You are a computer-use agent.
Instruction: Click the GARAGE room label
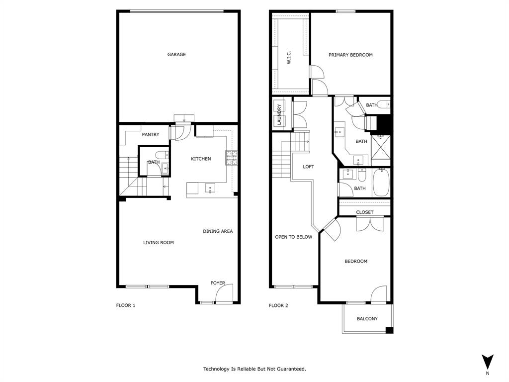[176, 55]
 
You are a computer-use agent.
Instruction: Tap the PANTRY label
[151, 135]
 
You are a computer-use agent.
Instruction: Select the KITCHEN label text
[201, 159]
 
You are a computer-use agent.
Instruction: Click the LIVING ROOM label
[159, 243]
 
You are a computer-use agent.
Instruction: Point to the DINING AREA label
[218, 231]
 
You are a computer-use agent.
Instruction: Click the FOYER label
[218, 283]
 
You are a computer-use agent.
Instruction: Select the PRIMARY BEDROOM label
[350, 55]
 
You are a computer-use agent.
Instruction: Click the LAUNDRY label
[279, 114]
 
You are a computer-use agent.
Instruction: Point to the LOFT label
[309, 167]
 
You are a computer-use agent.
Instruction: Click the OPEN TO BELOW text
[294, 237]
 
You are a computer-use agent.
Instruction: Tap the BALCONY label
[367, 319]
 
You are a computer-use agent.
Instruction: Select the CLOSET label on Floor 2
[365, 212]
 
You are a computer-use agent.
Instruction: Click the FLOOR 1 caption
[126, 305]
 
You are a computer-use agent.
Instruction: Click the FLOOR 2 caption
[278, 305]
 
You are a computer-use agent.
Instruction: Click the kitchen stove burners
[232, 158]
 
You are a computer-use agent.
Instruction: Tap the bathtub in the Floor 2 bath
[381, 183]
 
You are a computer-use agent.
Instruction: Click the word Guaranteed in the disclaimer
[291, 369]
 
